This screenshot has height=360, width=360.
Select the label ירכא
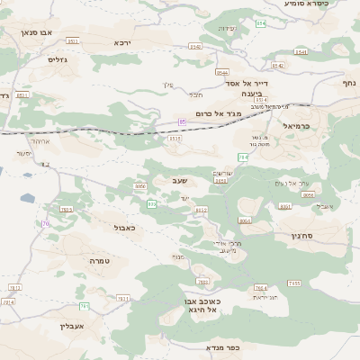point(122,42)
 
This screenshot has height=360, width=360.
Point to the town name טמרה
point(98,260)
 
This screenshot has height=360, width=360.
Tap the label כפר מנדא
point(220,346)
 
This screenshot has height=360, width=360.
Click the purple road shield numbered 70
point(45,223)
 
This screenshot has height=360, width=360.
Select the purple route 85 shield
point(182,121)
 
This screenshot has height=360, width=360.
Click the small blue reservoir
point(29,198)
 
